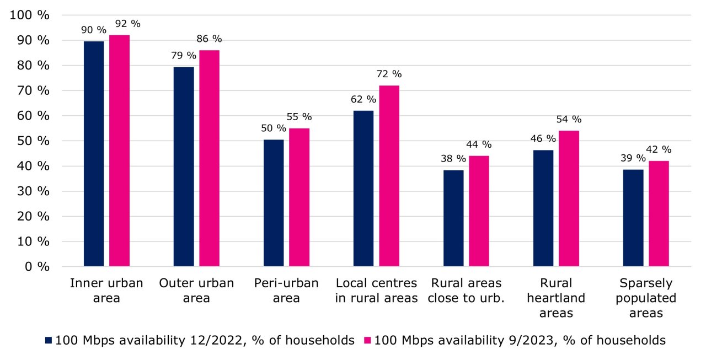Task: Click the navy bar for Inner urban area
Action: tap(93, 154)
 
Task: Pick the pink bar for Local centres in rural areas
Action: tap(389, 176)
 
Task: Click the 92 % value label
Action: tap(127, 24)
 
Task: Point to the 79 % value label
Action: tap(183, 56)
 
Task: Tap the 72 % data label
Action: tap(389, 74)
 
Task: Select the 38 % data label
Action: tap(453, 159)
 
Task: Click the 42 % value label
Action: tap(659, 149)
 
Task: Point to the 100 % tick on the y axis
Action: tap(30, 15)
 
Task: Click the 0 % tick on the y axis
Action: tap(35, 267)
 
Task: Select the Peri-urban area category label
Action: tap(286, 291)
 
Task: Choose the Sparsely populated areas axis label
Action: tap(646, 298)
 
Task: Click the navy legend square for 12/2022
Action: tap(49, 341)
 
